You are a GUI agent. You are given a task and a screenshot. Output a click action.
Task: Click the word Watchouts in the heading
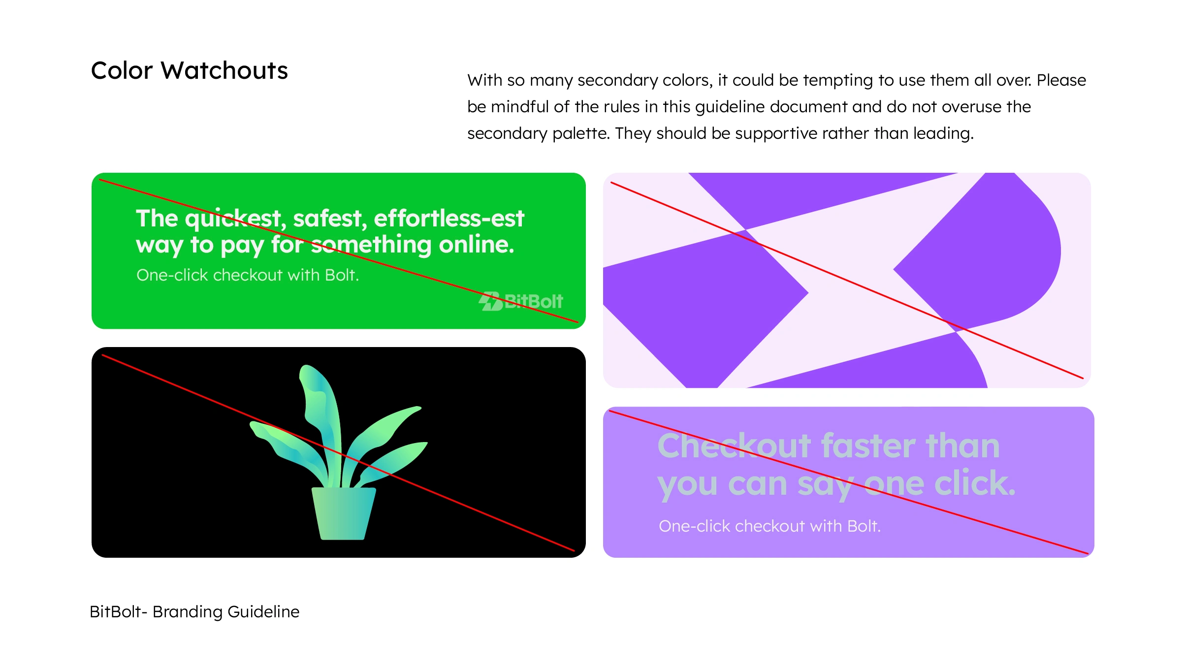224,70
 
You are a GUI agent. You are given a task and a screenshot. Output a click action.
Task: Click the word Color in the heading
122,70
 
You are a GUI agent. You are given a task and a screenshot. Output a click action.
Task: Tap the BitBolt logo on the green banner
521,301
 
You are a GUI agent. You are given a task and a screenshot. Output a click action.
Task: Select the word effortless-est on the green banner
449,218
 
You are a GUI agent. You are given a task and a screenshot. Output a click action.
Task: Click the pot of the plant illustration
344,513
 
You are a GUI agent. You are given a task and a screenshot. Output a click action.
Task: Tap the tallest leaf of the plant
320,423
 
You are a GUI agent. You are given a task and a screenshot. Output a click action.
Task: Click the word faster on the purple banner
868,445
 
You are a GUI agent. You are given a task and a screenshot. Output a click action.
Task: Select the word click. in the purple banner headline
975,483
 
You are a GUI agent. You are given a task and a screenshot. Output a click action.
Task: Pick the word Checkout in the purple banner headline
734,445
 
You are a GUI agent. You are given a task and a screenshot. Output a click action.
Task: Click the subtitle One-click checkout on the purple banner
769,526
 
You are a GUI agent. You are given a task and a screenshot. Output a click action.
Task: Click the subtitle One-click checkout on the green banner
248,275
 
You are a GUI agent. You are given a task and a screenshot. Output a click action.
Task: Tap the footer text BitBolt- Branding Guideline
194,611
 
